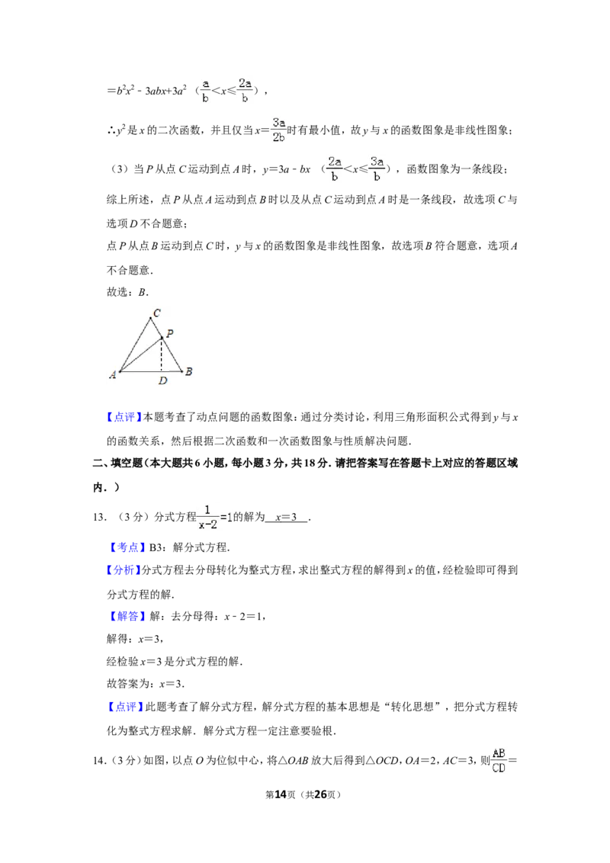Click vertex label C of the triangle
coord(157,313)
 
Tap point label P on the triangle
coord(169,333)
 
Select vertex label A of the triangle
coord(113,375)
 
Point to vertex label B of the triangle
coord(188,371)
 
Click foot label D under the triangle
coord(162,380)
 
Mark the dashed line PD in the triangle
coord(162,355)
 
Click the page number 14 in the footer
coord(281,794)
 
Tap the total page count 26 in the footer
coord(321,794)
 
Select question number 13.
coord(99,517)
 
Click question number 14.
coord(99,761)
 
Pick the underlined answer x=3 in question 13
coord(286,517)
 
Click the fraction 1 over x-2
coord(207,518)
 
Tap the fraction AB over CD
coord(499,761)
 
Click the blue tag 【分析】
coord(123,570)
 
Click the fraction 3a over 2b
coord(278,130)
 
